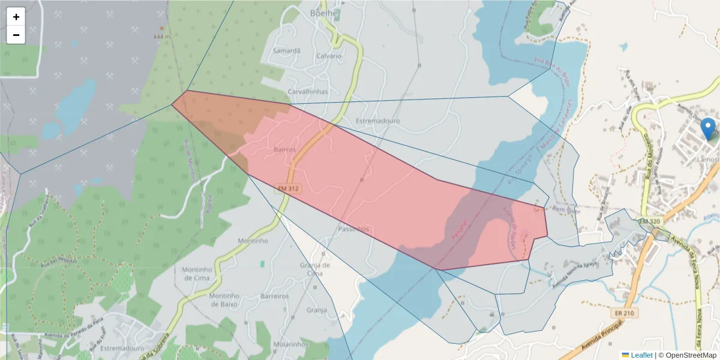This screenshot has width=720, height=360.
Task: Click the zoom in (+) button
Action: click(x=16, y=17)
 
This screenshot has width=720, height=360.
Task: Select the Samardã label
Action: click(x=286, y=51)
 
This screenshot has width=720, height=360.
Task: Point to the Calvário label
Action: click(x=328, y=56)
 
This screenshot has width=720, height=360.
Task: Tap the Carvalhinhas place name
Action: click(x=308, y=92)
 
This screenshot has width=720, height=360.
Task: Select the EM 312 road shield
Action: click(x=289, y=188)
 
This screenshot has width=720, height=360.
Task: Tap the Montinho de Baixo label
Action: click(x=224, y=300)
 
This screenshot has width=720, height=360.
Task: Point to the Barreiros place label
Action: click(x=275, y=296)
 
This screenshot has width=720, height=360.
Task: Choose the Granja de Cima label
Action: click(x=314, y=269)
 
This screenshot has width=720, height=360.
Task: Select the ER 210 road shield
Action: click(x=626, y=313)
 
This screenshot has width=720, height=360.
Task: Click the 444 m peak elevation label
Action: click(x=162, y=36)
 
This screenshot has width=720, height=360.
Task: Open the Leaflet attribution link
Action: click(x=641, y=355)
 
